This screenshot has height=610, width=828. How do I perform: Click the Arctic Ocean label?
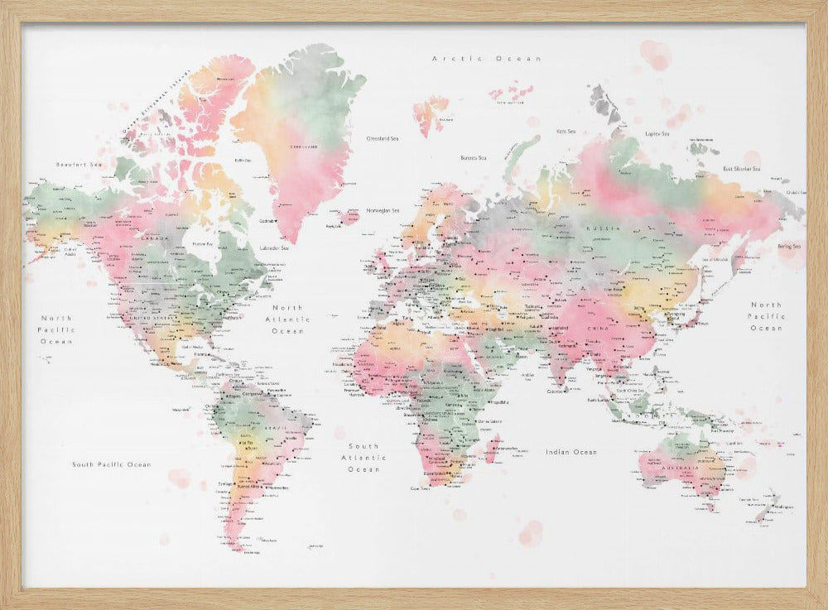pyautogui.click(x=486, y=59)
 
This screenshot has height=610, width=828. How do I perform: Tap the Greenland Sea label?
pyautogui.click(x=382, y=138)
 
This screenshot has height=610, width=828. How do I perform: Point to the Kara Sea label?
pyautogui.click(x=566, y=131)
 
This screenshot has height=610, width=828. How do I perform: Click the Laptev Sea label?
pyautogui.click(x=657, y=132)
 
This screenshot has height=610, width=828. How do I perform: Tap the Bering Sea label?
pyautogui.click(x=789, y=246)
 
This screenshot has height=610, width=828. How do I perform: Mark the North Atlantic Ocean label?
pyautogui.click(x=288, y=319)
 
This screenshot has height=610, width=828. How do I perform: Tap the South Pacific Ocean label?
pyautogui.click(x=111, y=464)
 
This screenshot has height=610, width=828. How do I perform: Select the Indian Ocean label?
pyautogui.click(x=571, y=452)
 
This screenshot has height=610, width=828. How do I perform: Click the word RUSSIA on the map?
pyautogui.click(x=598, y=227)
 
